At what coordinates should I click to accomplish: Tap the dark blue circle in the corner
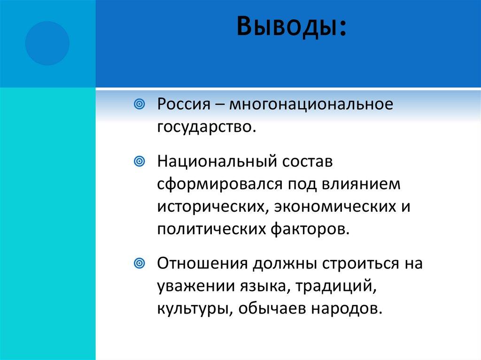tap(47, 43)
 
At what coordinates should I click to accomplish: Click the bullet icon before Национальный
tap(139, 162)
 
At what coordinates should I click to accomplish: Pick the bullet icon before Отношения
tap(139, 263)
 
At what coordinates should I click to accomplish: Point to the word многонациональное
tap(310, 104)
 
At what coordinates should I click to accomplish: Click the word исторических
tap(212, 207)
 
